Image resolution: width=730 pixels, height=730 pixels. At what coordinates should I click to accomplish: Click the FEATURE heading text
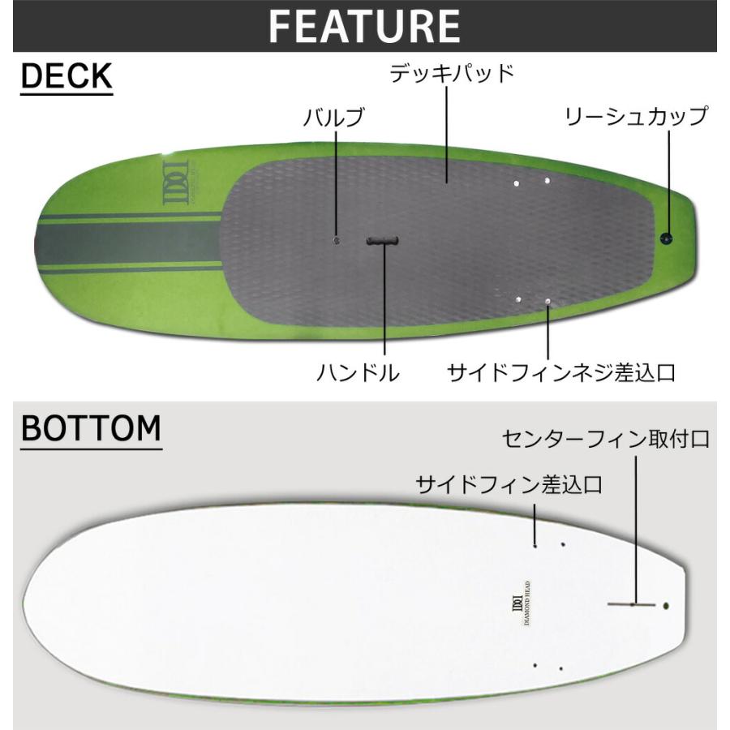coord(364,27)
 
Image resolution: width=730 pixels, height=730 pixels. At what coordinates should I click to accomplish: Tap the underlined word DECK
coord(66,77)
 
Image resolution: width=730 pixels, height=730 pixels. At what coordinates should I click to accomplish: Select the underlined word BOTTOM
coord(91,428)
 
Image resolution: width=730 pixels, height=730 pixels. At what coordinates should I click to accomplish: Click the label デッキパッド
coord(453,74)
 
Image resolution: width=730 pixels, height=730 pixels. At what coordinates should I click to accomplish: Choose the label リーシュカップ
coord(637,116)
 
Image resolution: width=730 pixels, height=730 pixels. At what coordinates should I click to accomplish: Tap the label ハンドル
coord(358,373)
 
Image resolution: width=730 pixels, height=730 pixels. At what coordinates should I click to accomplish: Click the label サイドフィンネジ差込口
coord(562,373)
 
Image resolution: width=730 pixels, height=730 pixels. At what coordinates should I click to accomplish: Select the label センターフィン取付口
coord(607,440)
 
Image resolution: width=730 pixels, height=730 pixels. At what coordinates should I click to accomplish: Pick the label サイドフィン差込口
coord(509,485)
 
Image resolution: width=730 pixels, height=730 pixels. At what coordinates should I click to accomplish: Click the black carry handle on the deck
coord(383,241)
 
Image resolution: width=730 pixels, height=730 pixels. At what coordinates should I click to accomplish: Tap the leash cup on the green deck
coord(667,238)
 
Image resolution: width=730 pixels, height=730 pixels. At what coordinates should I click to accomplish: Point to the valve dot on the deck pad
coord(337,240)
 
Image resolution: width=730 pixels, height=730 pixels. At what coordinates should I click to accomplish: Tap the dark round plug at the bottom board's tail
coord(666,604)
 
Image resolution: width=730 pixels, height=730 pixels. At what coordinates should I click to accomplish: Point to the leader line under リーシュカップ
coord(668,178)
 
